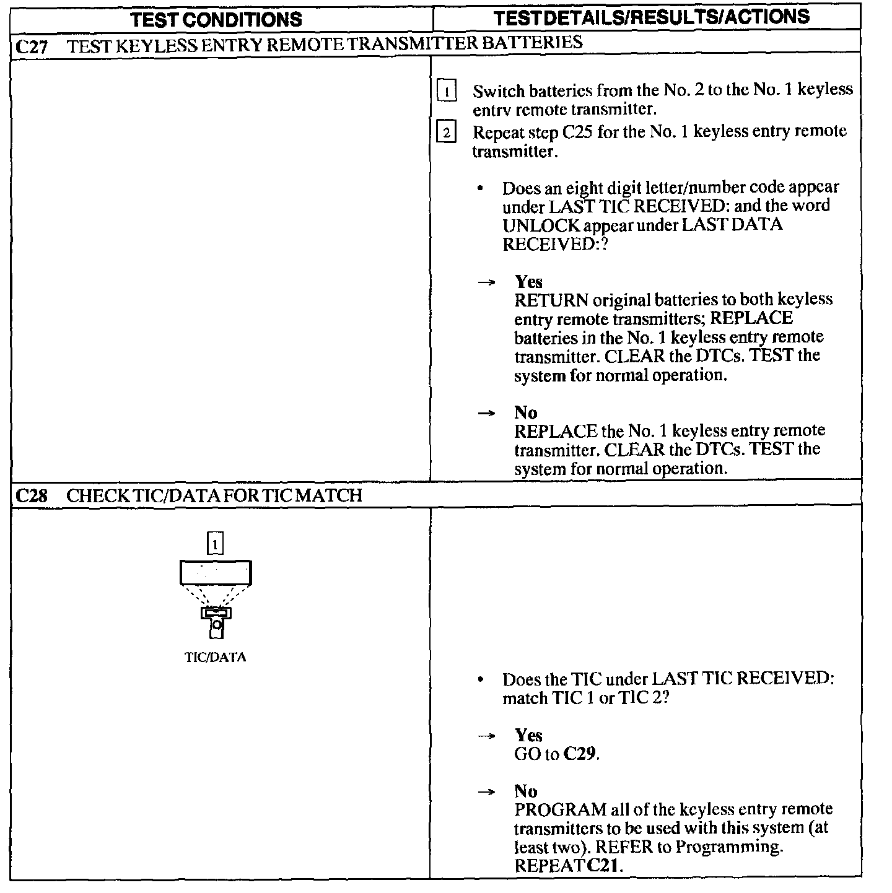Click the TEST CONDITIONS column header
[216, 19]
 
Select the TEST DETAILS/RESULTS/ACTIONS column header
[652, 17]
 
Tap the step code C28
[31, 496]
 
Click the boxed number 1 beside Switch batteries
[446, 91]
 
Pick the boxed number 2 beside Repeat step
[446, 132]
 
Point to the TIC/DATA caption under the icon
[215, 658]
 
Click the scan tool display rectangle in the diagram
[216, 572]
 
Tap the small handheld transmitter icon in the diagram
[216, 621]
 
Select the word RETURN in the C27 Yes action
[551, 301]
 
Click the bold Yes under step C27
[528, 282]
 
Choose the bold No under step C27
[525, 412]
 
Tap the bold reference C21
[603, 865]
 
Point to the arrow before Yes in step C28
[487, 736]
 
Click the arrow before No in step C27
[487, 413]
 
